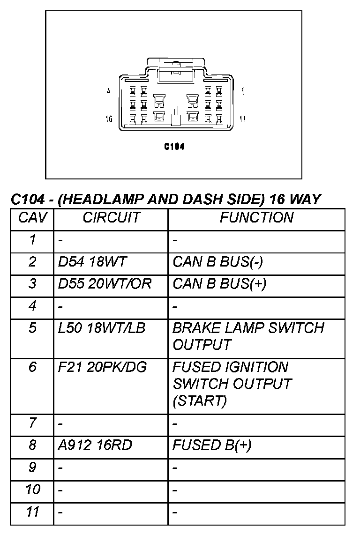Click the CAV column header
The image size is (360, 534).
coord(32,218)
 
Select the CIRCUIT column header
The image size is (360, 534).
coord(111,218)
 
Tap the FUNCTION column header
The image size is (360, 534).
coord(257,218)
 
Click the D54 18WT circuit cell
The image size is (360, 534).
coord(92,262)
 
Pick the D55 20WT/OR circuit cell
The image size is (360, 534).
coord(105,284)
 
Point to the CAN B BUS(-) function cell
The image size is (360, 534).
coord(218,262)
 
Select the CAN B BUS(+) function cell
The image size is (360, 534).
coord(219,284)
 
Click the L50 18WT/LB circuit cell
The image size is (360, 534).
coord(102,328)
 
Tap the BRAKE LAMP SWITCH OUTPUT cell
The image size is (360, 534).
coord(248,336)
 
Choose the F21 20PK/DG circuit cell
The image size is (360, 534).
coord(102,367)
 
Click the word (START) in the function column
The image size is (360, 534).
coord(200,401)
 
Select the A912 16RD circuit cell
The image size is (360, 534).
coord(95,445)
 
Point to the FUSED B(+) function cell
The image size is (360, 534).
coord(212,445)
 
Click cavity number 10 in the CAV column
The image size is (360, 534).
coord(32,489)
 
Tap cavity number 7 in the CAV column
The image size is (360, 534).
coord(32,423)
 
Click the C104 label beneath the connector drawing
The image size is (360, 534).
coord(174,147)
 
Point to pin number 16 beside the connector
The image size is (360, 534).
coord(109,119)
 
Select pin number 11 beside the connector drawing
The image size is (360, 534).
coord(242,119)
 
